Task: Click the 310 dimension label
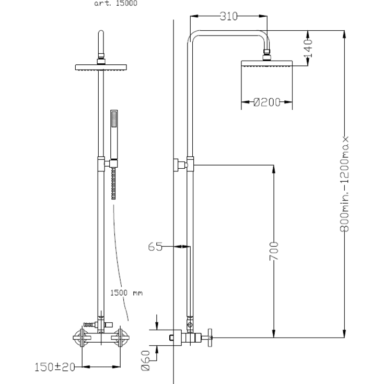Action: coord(228,16)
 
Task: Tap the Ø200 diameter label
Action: coord(266,102)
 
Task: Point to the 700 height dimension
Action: coord(274,251)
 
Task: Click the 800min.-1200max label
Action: coord(344,184)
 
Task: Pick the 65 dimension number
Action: coord(155,247)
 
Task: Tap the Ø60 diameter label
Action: coord(145,360)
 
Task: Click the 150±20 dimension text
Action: coord(55,367)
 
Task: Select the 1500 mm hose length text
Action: coord(126,293)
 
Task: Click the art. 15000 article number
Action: coord(116,4)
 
